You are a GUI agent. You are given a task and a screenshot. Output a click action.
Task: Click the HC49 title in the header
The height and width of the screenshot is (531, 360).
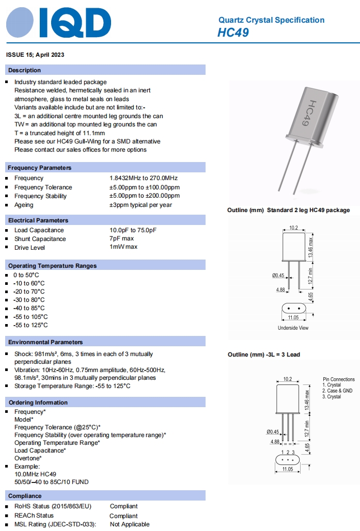pos(233,33)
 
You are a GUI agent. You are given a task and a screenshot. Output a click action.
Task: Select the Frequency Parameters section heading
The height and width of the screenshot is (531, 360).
pos(40,168)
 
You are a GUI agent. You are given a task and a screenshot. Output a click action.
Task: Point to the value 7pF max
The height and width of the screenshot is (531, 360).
pos(121,239)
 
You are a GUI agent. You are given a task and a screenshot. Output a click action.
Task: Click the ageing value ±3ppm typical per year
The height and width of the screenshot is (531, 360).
pos(140,205)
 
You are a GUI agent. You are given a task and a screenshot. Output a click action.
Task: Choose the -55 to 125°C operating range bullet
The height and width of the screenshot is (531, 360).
pos(30,325)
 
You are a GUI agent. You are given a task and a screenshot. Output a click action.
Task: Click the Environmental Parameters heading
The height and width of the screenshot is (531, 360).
pos(45,342)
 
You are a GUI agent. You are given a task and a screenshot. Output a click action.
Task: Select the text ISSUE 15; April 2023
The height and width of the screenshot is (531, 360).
pos(35,55)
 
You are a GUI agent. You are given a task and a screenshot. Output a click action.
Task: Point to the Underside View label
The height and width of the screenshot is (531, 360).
pos(293,328)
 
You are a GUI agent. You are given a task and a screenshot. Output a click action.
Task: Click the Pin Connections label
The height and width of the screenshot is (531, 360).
pos(339,379)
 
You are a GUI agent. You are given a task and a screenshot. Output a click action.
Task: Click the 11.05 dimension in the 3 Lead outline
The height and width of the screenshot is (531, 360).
pos(288,469)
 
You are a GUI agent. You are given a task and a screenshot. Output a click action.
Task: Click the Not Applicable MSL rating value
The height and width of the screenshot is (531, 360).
pos(130,524)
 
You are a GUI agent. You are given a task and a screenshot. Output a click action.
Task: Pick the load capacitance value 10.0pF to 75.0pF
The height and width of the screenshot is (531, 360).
pos(133,230)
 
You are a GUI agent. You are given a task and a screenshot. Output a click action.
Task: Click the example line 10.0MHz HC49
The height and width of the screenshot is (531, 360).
pos(35,474)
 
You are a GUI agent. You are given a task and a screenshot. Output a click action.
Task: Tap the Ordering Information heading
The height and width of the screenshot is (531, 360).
pos(38,403)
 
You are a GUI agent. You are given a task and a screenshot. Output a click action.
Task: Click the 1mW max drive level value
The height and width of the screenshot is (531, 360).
pos(123,247)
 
